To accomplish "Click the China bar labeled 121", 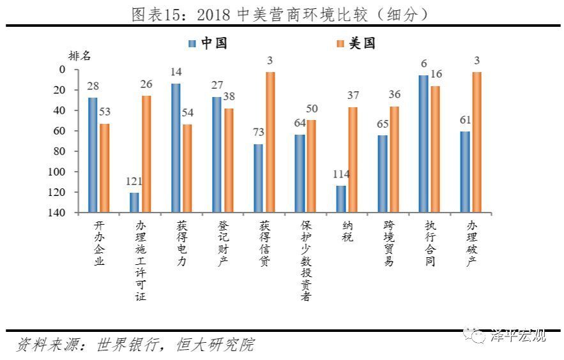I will (x=134, y=202).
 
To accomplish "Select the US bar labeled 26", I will (x=146, y=154).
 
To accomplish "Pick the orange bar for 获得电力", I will (x=187, y=168).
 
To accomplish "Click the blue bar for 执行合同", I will (x=423, y=144).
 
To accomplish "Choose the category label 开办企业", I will (x=98, y=243).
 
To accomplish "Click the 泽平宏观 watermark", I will (x=517, y=336).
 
